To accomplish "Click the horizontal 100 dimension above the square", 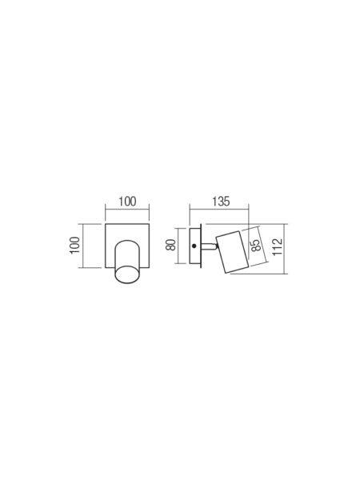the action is pyautogui.click(x=127, y=202).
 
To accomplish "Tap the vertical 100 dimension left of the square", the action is pyautogui.click(x=74, y=245).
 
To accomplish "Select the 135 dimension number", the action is pyautogui.click(x=221, y=202).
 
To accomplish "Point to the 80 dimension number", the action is pyautogui.click(x=171, y=245).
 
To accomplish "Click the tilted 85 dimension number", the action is pyautogui.click(x=256, y=244).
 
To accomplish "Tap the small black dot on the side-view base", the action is pyautogui.click(x=194, y=246).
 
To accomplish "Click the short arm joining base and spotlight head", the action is pyautogui.click(x=208, y=246).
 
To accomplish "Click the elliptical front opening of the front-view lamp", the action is pyautogui.click(x=128, y=274).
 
